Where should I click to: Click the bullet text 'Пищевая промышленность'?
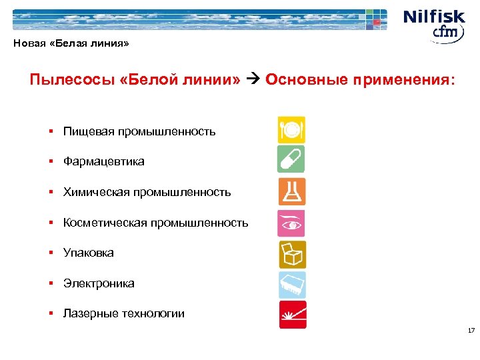tap(139, 131)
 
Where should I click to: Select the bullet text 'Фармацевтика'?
tap(103, 161)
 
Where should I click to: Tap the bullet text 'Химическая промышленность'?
tap(147, 192)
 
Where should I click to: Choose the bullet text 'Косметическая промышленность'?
tap(155, 223)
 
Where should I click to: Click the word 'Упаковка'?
tap(89, 253)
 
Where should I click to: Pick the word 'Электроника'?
tap(99, 283)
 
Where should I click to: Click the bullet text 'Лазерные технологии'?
tap(124, 313)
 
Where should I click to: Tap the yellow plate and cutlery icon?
tap(291, 129)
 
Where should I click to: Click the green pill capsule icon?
tap(291, 160)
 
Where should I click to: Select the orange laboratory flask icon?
tap(291, 191)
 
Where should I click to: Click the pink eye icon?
tap(291, 223)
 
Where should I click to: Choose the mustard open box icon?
tap(291, 254)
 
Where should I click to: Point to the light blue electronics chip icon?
tap(291, 285)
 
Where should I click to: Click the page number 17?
tap(471, 331)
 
